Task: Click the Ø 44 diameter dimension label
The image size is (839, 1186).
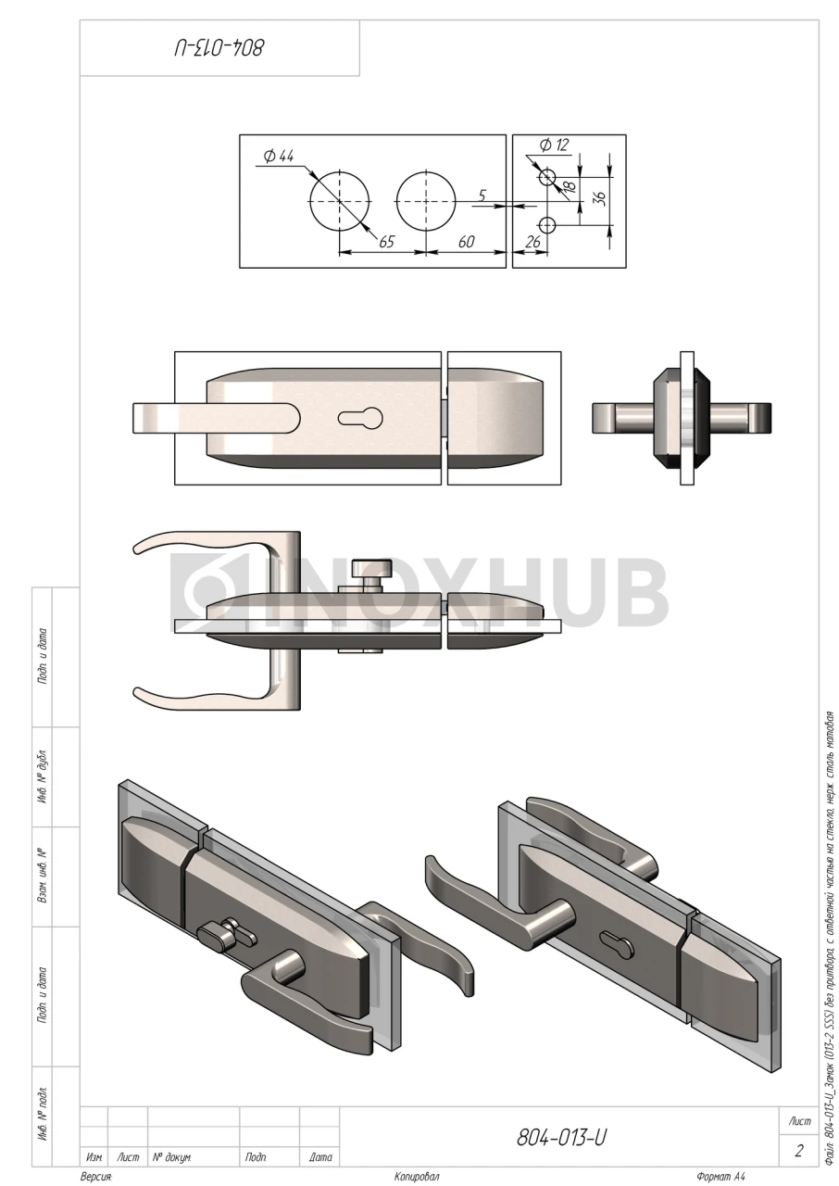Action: tap(279, 157)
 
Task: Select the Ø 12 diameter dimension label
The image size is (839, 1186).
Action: tap(557, 145)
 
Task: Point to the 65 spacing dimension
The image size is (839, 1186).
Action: tap(386, 242)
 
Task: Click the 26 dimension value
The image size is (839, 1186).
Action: tap(532, 242)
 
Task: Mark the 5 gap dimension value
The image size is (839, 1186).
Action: tap(482, 196)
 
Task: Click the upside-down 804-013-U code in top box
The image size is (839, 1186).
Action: tap(219, 46)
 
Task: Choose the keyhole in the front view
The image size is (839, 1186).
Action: tap(360, 419)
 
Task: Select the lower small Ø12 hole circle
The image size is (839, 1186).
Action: tap(547, 224)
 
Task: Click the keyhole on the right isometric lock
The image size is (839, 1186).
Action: tap(620, 945)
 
